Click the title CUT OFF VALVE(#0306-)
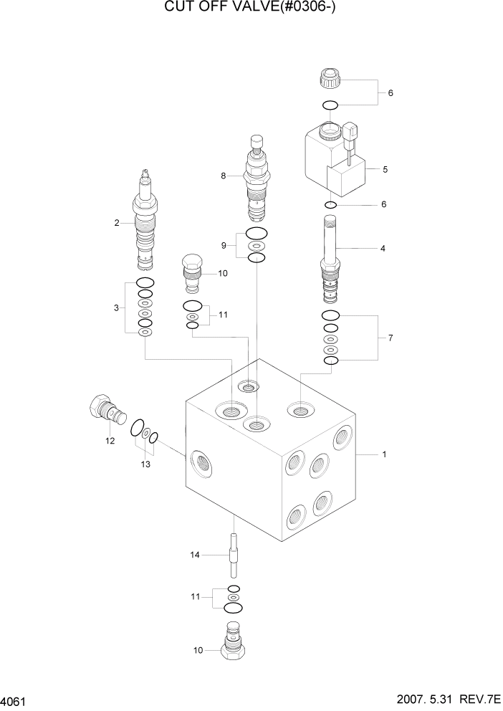pos(251,8)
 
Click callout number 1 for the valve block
pos(385,454)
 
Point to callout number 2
pos(116,223)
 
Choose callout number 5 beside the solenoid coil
pos(385,170)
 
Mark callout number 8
pos(224,176)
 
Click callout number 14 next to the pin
pos(194,554)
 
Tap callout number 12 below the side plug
pos(110,441)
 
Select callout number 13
pos(145,464)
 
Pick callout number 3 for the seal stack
pos(116,308)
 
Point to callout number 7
pos(390,337)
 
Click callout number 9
pos(224,245)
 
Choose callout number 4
pos(383,249)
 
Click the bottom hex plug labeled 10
pos(232,645)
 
